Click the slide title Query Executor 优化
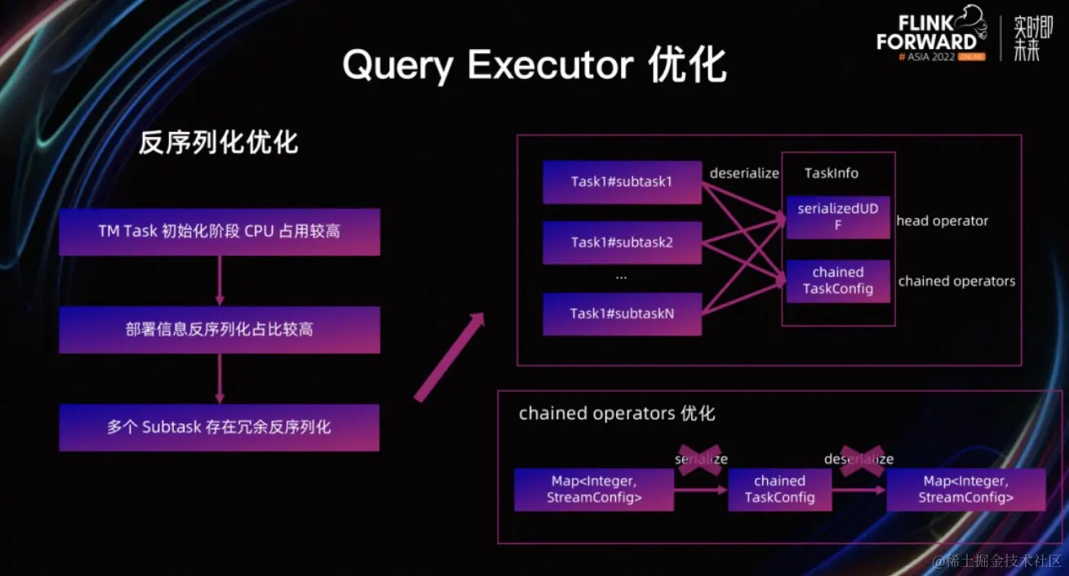[534, 65]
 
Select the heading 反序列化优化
[218, 143]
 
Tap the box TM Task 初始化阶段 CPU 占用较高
[219, 232]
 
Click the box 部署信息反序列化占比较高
[219, 330]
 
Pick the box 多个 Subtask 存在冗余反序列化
[219, 427]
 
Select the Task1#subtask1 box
[622, 182]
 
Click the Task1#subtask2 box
[622, 242]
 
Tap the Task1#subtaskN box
[622, 313]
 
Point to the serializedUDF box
[837, 217]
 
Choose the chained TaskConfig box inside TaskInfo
[837, 281]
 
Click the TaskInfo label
[831, 173]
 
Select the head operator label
[942, 221]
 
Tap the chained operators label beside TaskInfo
[956, 281]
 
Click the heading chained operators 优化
[617, 414]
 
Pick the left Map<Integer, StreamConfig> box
[593, 490]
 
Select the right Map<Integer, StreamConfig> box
[965, 490]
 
